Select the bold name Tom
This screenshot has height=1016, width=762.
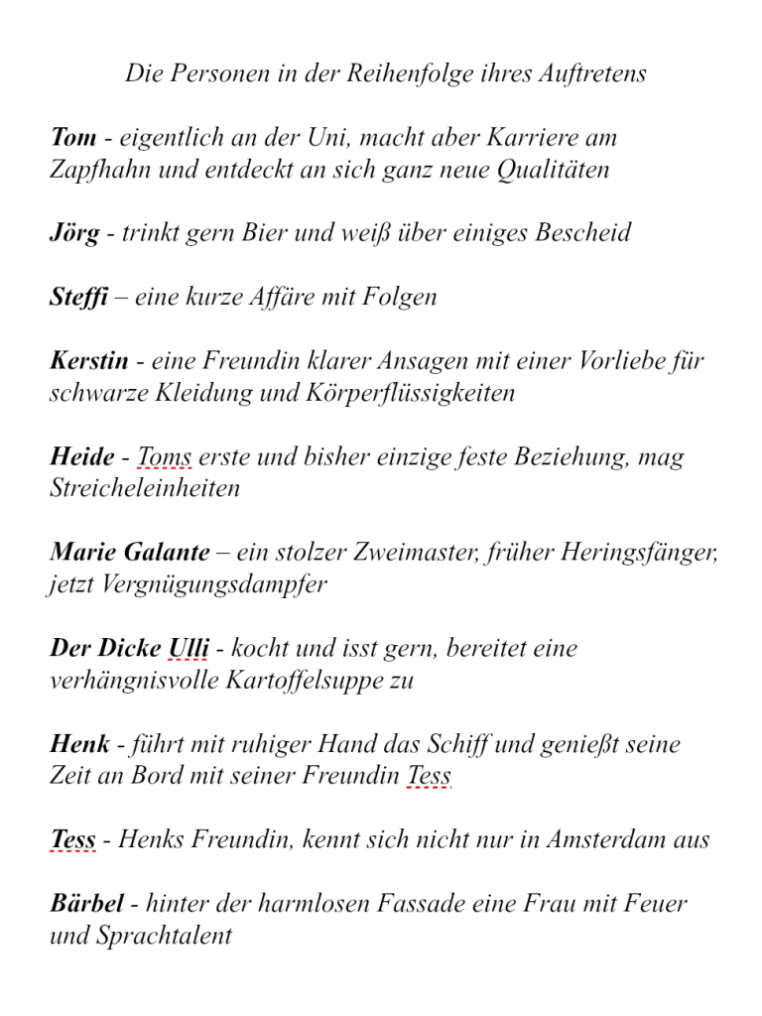(72, 138)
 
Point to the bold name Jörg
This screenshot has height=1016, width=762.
(74, 234)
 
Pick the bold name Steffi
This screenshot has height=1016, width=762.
(78, 298)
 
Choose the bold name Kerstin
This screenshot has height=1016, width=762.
(89, 361)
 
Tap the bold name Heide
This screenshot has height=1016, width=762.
(82, 457)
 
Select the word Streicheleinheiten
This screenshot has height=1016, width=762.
(145, 489)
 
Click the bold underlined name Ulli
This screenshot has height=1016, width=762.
(189, 649)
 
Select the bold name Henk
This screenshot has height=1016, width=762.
(79, 744)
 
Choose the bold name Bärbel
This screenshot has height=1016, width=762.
(87, 904)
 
